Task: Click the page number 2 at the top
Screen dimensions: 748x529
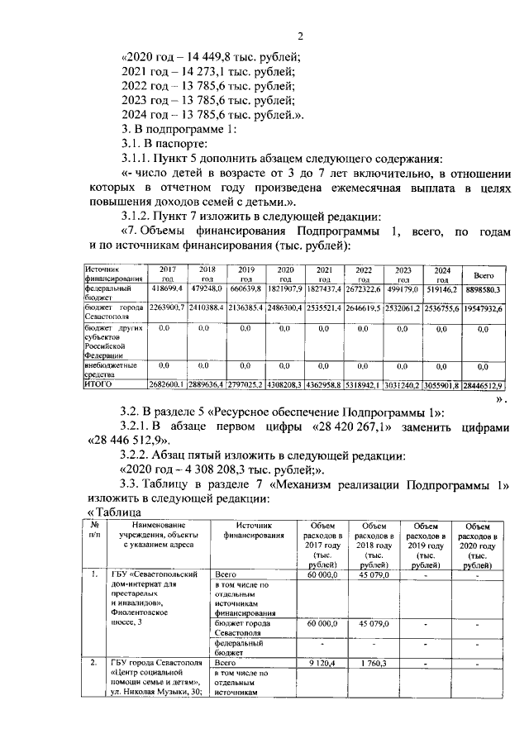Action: tap(301, 35)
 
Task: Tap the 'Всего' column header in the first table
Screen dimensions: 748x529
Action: tap(483, 274)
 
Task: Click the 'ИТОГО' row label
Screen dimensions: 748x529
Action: tap(98, 384)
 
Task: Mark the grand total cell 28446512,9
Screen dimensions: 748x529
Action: tap(483, 385)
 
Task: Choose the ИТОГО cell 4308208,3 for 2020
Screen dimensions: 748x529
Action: tap(285, 385)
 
